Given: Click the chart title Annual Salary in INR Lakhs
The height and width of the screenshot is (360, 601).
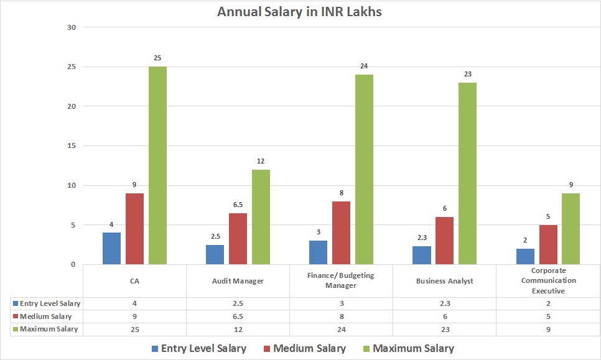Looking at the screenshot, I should [299, 12].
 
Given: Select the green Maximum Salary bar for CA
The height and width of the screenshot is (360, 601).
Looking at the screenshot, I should [157, 165].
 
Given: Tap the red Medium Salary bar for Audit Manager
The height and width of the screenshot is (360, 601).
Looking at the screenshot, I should [238, 239].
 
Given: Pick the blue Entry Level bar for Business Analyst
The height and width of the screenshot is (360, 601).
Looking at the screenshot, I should [421, 255].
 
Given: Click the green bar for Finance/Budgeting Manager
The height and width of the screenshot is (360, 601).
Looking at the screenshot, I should [364, 169].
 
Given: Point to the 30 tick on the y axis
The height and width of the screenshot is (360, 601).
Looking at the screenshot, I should [70, 27].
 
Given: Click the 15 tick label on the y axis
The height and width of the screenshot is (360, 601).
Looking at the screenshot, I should [70, 146].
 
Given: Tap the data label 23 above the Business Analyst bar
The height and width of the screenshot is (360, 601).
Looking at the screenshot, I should [467, 74].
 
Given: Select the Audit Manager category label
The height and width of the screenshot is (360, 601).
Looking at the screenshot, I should [238, 281].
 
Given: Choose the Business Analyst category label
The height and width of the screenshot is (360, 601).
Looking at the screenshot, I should [444, 281].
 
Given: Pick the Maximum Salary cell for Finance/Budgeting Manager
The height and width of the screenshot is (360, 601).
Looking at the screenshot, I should [341, 329].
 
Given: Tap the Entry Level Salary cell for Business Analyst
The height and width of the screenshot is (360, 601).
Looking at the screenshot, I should [444, 303].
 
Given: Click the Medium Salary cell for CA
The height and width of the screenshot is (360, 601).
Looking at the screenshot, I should [134, 316].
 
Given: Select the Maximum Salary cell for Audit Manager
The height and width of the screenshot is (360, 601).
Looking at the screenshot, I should [238, 329].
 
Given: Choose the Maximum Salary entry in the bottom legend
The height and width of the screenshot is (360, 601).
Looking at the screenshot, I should [412, 348].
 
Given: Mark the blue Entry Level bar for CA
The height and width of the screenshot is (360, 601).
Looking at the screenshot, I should [111, 248].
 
